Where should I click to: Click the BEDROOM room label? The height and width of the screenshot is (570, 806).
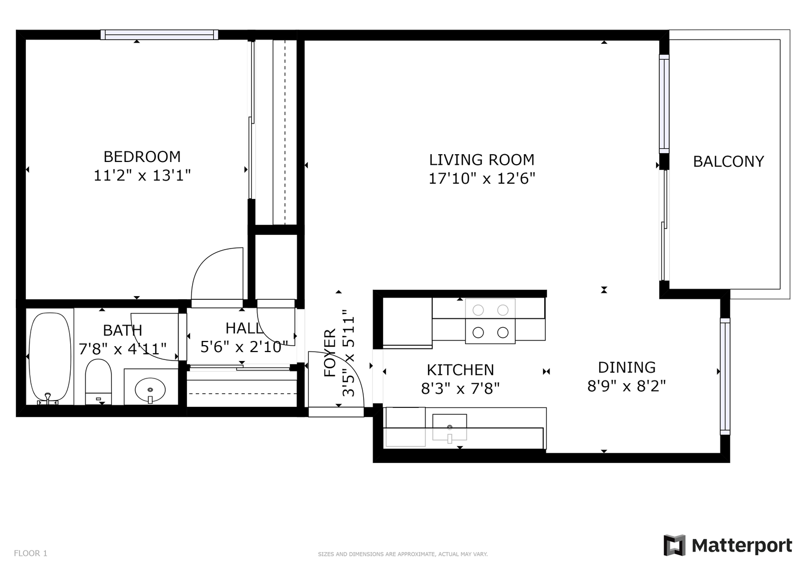point(142,157)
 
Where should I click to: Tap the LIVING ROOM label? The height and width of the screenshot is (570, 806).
point(482,160)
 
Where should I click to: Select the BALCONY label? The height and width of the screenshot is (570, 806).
point(728,161)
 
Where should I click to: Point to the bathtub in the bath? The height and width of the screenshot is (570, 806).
point(50,358)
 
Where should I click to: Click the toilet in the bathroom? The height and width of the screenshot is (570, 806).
point(98,382)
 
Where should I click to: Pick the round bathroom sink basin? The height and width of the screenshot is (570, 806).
point(150,389)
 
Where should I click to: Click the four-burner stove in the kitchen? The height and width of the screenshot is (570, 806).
point(490,321)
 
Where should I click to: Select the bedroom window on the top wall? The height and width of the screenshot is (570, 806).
point(159,34)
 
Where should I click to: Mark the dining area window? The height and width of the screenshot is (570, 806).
point(725,376)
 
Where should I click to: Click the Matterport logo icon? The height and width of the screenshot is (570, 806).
point(674,545)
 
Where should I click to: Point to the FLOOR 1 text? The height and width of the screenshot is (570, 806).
point(31,553)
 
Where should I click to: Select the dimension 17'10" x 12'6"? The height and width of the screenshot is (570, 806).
point(482,178)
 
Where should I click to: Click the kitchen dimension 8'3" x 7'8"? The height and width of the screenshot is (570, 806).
point(460,388)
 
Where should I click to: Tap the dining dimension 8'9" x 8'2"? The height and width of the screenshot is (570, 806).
point(627,386)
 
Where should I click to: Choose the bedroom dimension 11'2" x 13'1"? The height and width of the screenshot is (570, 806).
point(142,176)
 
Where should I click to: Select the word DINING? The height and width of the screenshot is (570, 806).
point(627,368)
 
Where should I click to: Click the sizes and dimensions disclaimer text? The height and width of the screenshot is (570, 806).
point(403,554)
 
